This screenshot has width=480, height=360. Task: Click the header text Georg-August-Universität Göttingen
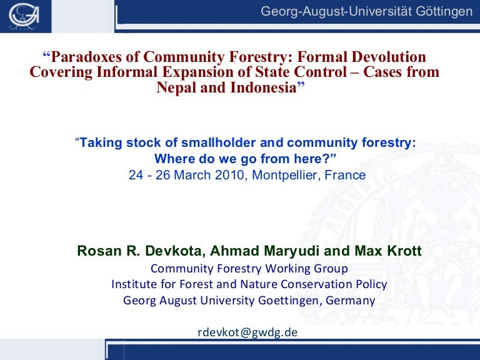pyautogui.click(x=367, y=12)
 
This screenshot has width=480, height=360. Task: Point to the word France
pyautogui.click(x=347, y=175)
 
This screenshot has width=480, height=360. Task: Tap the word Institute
pyautogui.click(x=133, y=284)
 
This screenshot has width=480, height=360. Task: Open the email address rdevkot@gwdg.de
pyautogui.click(x=247, y=332)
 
